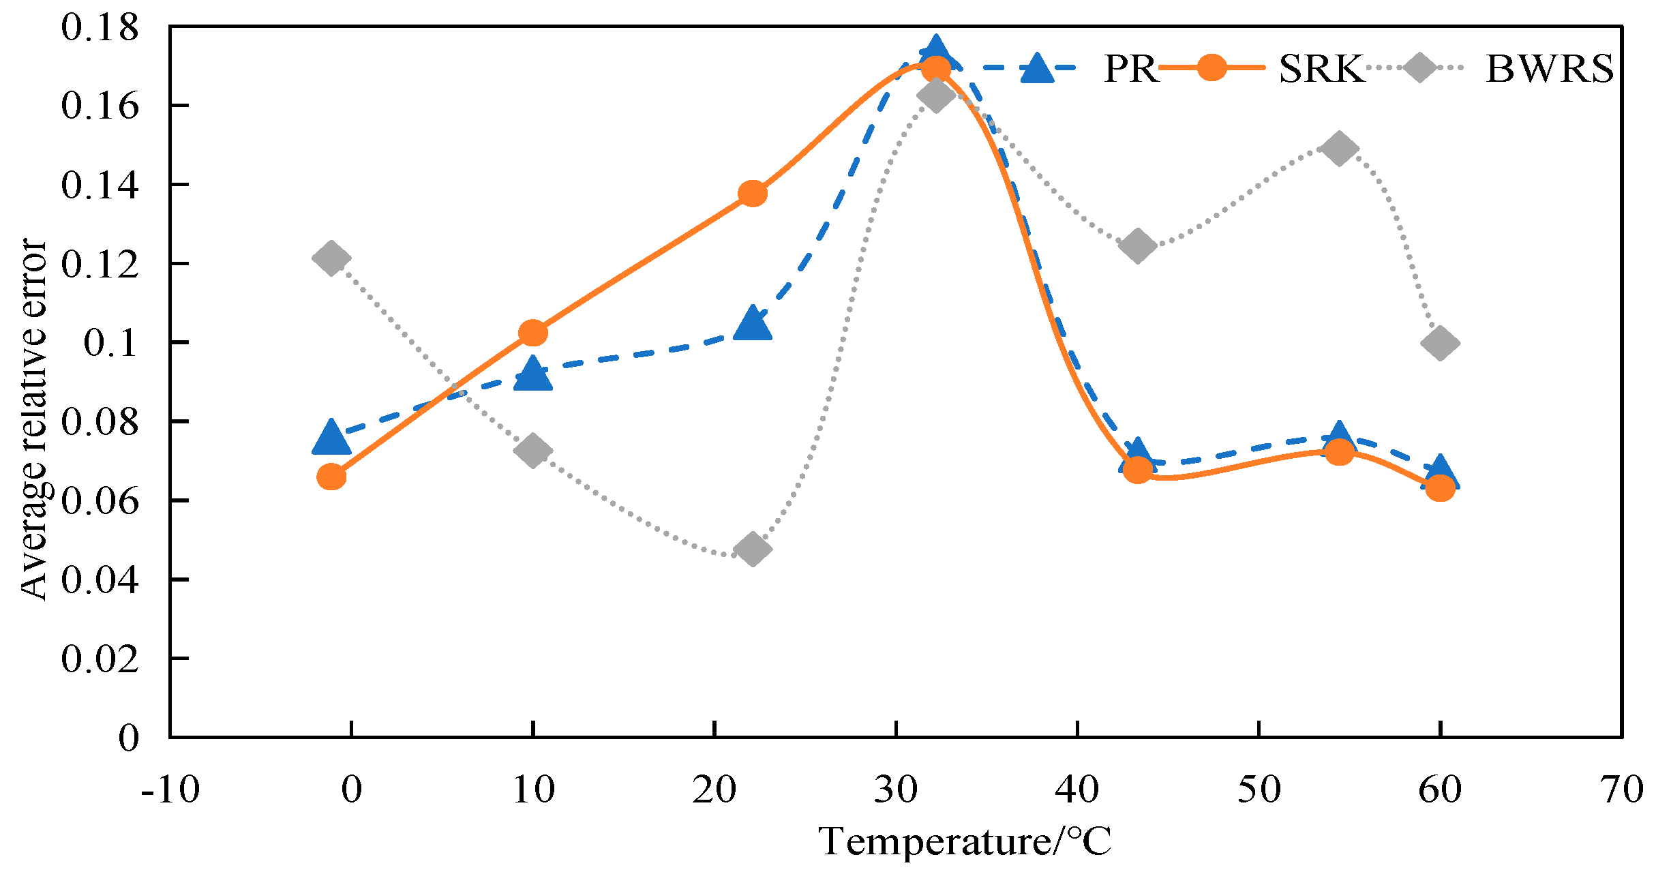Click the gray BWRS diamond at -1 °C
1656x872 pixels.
coord(331,258)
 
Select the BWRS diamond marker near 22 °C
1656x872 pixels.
coord(753,549)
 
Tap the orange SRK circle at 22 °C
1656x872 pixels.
coord(753,194)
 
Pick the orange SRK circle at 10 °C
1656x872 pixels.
coord(533,333)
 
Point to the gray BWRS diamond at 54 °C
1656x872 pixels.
coord(1339,148)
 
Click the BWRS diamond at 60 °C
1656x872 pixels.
coord(1440,342)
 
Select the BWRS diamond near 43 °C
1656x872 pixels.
coord(1137,245)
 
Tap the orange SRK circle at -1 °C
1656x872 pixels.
coord(331,477)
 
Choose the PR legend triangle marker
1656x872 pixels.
coord(1037,69)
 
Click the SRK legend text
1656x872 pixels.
coord(1321,69)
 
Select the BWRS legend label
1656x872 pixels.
coord(1549,69)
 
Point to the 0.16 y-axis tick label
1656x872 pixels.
coord(100,106)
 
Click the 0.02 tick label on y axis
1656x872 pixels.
coord(100,659)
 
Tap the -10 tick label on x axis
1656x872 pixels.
coord(170,790)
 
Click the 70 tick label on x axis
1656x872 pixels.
coord(1621,790)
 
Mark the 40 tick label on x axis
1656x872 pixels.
coord(1077,790)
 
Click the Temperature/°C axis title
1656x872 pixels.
coord(964,841)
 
